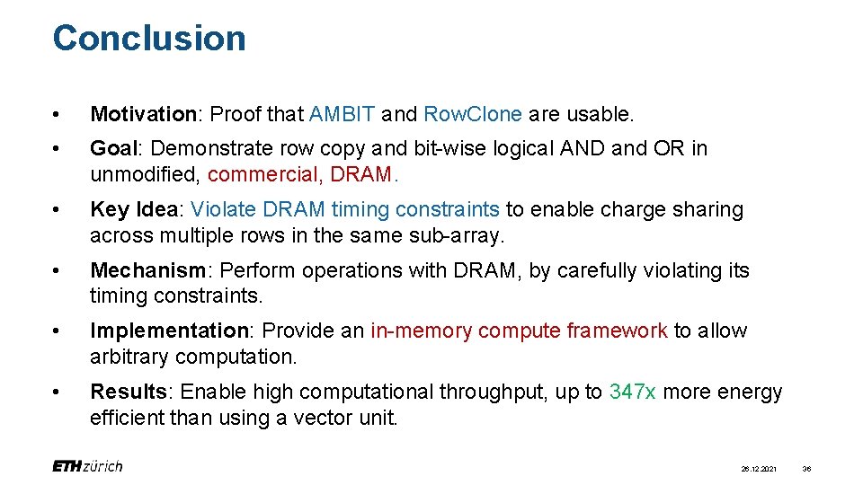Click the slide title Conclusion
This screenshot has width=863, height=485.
(149, 39)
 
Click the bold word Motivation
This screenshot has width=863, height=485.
(143, 115)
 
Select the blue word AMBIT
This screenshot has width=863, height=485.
(342, 115)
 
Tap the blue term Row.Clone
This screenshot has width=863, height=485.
(472, 115)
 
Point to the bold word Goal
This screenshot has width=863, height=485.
(111, 148)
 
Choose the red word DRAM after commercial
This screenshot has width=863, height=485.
(360, 174)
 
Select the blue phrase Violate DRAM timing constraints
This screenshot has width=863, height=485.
(345, 209)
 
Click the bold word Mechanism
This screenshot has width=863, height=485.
(148, 270)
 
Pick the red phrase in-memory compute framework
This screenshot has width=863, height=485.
(519, 331)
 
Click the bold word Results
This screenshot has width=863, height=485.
(128, 392)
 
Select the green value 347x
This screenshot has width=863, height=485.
(633, 392)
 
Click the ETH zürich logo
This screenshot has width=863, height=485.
(87, 466)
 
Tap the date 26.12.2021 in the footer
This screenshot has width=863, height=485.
(758, 468)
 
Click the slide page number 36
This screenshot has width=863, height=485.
(806, 468)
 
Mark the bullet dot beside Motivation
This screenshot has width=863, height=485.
(57, 115)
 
